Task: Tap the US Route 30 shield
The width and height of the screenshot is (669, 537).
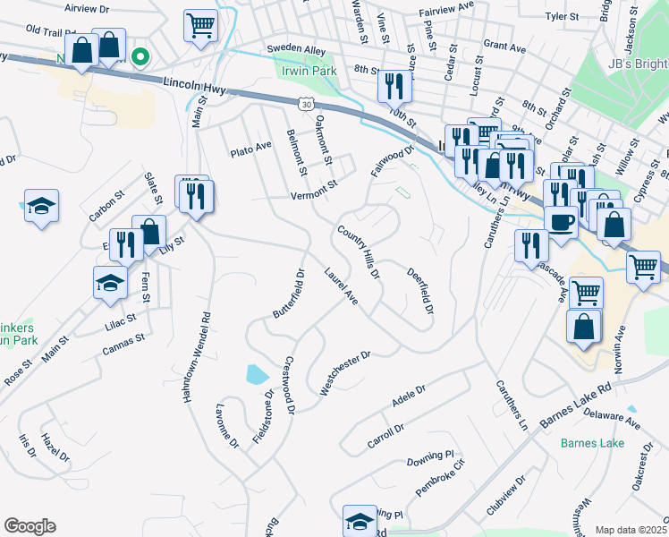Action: (307, 105)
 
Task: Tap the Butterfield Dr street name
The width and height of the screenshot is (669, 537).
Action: (290, 293)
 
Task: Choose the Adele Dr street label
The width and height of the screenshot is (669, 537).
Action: (410, 397)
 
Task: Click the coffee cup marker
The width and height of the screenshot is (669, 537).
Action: (561, 222)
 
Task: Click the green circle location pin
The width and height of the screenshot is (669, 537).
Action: (140, 58)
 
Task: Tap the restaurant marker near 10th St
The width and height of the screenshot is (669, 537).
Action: (394, 86)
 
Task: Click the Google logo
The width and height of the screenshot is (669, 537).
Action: (30, 526)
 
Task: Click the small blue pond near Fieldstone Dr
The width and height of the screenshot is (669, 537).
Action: (255, 374)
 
